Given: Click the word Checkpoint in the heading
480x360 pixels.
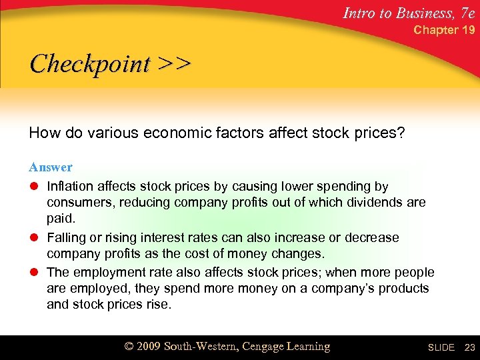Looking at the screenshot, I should [91, 64].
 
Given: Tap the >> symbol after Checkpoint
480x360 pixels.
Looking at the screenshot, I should [175, 64].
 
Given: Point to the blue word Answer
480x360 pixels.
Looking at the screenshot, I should [51, 167].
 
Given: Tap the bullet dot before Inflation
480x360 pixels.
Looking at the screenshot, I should [34, 187].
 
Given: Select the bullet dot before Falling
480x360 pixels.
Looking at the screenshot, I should [34, 238].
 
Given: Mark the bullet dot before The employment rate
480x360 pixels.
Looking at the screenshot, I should [34, 273].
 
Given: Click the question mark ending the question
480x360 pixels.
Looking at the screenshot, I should [401, 133].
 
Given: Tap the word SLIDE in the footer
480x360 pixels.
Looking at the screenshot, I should [441, 347].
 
